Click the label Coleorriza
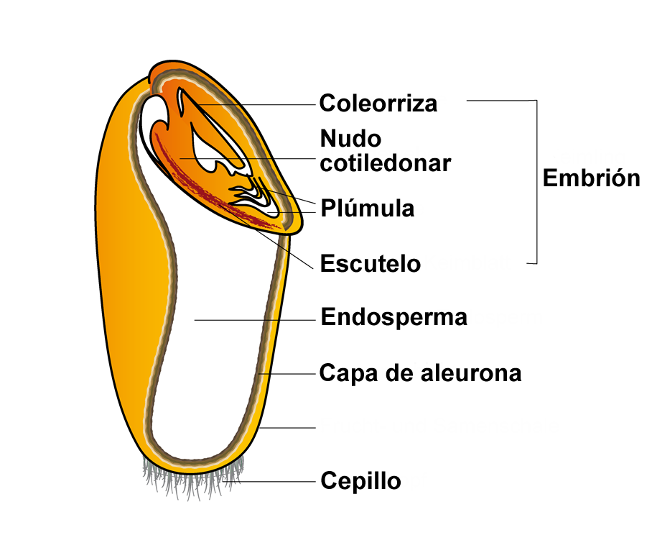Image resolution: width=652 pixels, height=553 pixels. coord(378,103)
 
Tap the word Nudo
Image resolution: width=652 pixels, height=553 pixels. coord(350,138)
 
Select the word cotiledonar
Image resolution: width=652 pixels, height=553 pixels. coord(386,163)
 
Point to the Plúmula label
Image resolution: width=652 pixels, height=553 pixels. coord(368,209)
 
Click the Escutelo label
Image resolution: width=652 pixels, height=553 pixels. coord(370,263)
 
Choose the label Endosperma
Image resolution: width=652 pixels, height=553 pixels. coord(393,317)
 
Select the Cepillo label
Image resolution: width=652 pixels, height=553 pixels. coord(360,480)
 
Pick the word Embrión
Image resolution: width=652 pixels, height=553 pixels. coord(591,178)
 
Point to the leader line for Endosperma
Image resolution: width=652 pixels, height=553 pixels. coord(255,319)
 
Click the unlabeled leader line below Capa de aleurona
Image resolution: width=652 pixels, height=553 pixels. coord(287,428)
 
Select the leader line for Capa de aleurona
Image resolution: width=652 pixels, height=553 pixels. coord(291,374)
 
